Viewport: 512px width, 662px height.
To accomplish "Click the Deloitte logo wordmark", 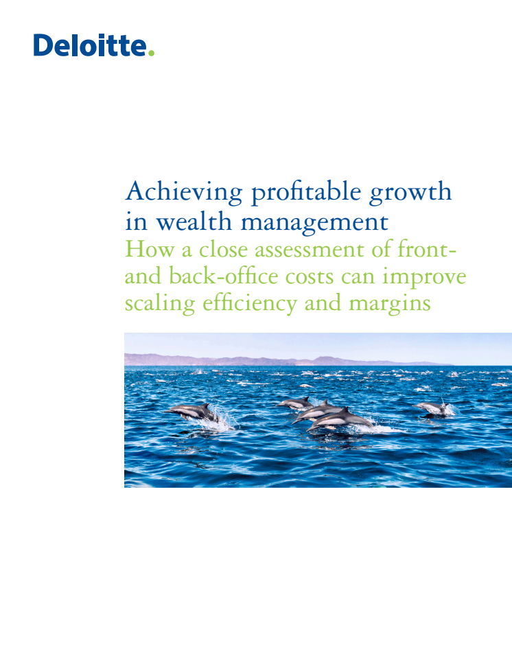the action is point(94,45).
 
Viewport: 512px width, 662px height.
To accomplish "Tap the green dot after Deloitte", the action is point(151,53).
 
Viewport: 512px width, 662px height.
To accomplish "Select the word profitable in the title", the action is point(306,193).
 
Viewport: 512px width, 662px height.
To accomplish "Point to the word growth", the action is point(410,193).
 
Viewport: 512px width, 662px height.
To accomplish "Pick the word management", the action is point(314,222).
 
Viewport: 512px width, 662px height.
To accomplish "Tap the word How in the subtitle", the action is point(150,248).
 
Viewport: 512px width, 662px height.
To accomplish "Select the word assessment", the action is point(310,250).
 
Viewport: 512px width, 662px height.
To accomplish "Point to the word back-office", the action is point(224,276).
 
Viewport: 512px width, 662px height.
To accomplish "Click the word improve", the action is point(424,278).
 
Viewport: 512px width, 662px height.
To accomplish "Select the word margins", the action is point(390,305).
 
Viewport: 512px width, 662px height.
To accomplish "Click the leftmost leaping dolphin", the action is point(192,412).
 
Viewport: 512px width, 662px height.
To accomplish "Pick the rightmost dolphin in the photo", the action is point(431,408).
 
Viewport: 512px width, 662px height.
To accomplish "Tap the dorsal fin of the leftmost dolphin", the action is point(205,405).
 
